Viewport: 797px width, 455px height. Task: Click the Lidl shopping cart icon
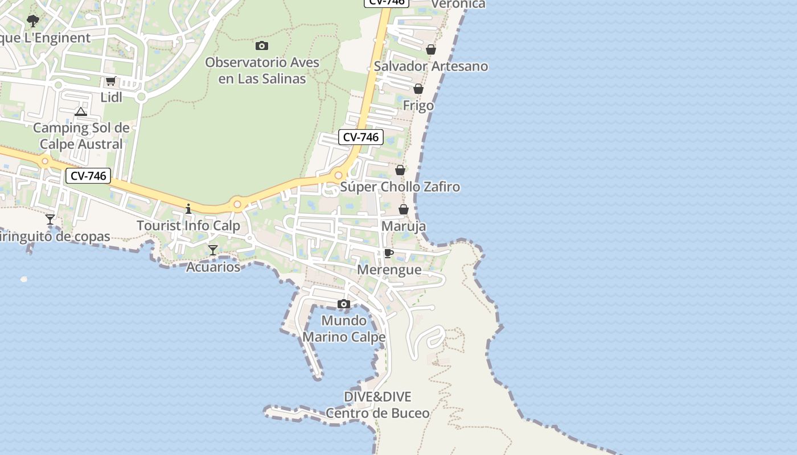pyautogui.click(x=110, y=81)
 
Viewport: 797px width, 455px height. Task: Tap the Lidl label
pyautogui.click(x=112, y=97)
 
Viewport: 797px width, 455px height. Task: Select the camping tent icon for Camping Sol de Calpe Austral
pyautogui.click(x=81, y=111)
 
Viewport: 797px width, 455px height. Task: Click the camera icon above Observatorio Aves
pyautogui.click(x=262, y=46)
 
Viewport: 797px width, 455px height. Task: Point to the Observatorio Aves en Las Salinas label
pyautogui.click(x=262, y=71)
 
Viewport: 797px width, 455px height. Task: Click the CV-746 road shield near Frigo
pyautogui.click(x=361, y=137)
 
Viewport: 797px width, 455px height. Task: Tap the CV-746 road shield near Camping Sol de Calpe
pyautogui.click(x=88, y=176)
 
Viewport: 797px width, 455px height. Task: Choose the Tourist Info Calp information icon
pyautogui.click(x=188, y=209)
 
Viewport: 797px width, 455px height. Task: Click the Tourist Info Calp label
pyautogui.click(x=188, y=226)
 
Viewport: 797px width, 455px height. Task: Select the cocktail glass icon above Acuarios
pyautogui.click(x=213, y=250)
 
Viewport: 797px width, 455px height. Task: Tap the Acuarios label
pyautogui.click(x=213, y=267)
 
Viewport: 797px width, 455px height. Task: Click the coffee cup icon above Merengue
pyautogui.click(x=389, y=254)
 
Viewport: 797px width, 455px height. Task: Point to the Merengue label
pyautogui.click(x=389, y=270)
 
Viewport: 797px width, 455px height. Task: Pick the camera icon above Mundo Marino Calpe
pyautogui.click(x=343, y=304)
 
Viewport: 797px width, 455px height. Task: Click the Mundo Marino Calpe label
pyautogui.click(x=344, y=329)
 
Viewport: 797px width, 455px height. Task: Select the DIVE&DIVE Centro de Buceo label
pyautogui.click(x=377, y=405)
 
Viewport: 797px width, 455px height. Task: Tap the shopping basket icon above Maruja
pyautogui.click(x=404, y=210)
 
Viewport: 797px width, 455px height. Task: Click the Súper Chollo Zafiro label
pyautogui.click(x=400, y=187)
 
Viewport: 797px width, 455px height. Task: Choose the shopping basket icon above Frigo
pyautogui.click(x=418, y=89)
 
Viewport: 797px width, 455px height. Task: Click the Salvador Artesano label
pyautogui.click(x=431, y=66)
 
